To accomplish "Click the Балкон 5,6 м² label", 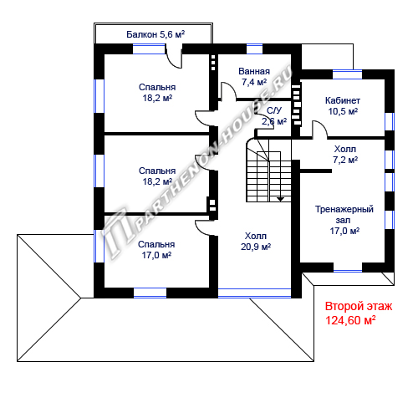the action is click(x=155, y=34).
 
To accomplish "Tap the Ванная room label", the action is click(x=254, y=71).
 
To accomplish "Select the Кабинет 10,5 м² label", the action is click(x=343, y=106).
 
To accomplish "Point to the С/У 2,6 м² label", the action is click(x=274, y=116).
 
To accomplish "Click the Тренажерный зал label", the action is click(x=344, y=215).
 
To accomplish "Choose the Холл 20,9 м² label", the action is click(x=256, y=242).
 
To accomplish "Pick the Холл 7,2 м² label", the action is click(x=345, y=155).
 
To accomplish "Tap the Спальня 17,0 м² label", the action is click(x=156, y=250).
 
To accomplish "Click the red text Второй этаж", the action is click(x=359, y=306).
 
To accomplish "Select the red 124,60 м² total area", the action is click(x=350, y=320).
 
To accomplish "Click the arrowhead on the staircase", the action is click(x=280, y=199).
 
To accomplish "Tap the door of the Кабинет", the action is click(x=319, y=129).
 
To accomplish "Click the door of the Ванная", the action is click(x=228, y=90).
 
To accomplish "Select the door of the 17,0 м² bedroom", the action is click(x=202, y=228).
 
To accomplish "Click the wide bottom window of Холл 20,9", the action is click(x=254, y=293).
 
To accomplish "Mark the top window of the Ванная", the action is click(x=255, y=48).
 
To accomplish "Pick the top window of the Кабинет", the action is click(x=348, y=74).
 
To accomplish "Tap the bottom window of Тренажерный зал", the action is click(x=348, y=267).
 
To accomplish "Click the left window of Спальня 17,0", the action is click(x=99, y=246).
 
